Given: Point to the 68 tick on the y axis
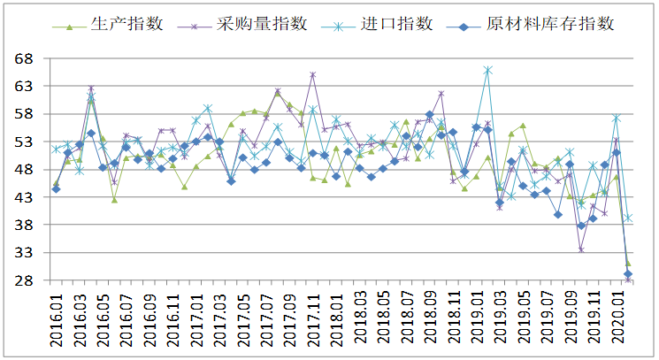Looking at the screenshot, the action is tap(24, 58).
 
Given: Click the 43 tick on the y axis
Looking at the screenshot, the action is tap(24, 197).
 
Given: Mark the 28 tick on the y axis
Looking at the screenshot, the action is tap(24, 280).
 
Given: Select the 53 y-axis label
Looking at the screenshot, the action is tap(24, 142).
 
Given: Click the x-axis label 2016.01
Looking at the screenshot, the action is tap(57, 320).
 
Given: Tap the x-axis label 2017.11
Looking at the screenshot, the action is tap(313, 320).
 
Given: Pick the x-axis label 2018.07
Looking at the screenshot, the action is tap(406, 320).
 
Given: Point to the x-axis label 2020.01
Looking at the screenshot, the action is tap(617, 320).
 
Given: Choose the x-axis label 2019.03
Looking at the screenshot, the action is tap(500, 320).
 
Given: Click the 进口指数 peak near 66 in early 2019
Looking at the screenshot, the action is tap(487, 70).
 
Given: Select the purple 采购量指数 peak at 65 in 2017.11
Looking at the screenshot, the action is tap(312, 75).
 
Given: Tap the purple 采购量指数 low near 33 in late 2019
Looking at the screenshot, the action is tap(581, 250).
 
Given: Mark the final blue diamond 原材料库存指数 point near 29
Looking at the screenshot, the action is tap(628, 274).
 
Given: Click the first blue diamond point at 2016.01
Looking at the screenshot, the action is tap(56, 189).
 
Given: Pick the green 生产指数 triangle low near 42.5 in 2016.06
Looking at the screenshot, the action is tap(114, 200).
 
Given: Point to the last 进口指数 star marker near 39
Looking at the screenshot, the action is tap(628, 218).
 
